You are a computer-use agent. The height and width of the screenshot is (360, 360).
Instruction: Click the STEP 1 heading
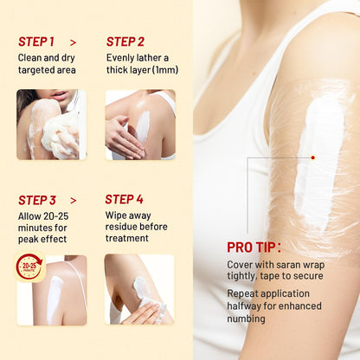click(36, 42)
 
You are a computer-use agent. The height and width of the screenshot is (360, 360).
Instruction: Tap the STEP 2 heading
click(125, 42)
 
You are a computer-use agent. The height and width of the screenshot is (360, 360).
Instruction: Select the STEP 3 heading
click(37, 200)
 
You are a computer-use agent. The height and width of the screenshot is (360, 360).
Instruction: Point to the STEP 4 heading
click(124, 199)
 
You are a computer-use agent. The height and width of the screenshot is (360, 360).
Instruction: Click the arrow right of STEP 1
click(74, 42)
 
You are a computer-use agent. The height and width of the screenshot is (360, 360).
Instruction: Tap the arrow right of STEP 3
click(74, 201)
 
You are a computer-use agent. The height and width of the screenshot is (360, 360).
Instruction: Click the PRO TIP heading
click(254, 247)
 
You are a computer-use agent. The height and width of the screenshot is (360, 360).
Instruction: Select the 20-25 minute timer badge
click(29, 267)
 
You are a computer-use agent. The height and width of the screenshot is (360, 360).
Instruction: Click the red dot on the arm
click(313, 157)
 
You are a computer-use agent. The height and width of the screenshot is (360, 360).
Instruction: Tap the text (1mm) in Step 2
click(165, 70)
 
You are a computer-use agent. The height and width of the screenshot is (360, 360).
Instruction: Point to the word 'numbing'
click(246, 318)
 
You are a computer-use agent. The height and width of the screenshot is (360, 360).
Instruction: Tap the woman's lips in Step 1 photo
click(61, 95)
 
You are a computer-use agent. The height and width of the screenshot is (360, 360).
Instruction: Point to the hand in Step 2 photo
click(124, 137)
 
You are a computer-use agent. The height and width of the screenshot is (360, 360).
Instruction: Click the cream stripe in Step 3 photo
click(54, 297)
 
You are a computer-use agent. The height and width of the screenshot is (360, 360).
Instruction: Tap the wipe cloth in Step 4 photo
click(150, 297)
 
